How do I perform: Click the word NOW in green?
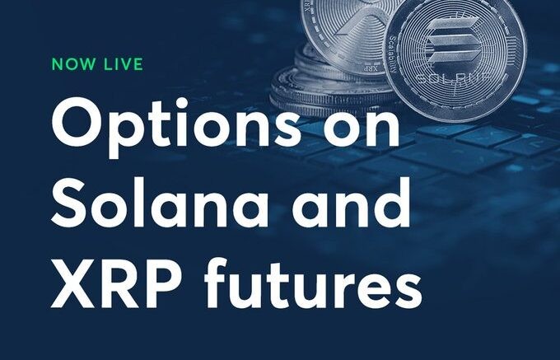(74, 64)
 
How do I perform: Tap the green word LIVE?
(124, 64)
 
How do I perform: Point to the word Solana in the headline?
(160, 202)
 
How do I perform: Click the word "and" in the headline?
(351, 202)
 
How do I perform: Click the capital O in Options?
(76, 122)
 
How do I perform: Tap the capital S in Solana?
(69, 203)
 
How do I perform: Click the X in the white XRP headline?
(72, 283)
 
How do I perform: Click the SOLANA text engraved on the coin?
(455, 78)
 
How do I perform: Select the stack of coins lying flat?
(332, 89)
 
